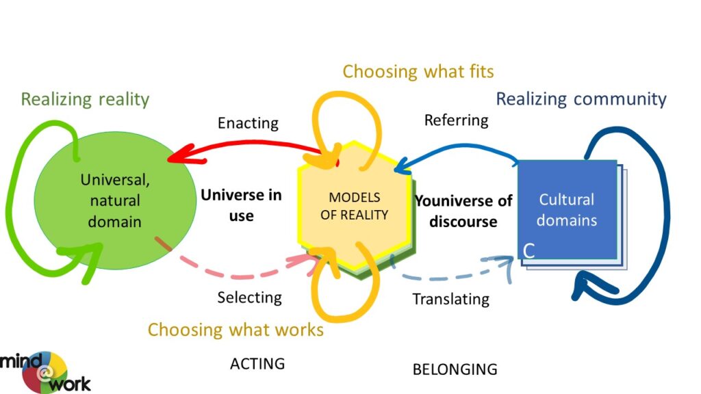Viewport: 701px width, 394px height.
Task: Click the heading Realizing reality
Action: point(85,99)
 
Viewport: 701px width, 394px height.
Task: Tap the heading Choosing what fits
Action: point(418,71)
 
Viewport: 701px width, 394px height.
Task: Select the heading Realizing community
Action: point(581,98)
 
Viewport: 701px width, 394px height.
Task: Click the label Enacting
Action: point(248,123)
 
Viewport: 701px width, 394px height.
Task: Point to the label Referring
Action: point(456,120)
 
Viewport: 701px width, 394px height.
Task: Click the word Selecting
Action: point(249,298)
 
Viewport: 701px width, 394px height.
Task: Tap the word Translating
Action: point(450,299)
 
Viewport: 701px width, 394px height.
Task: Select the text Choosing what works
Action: point(235,330)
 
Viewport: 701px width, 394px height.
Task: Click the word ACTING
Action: point(257,364)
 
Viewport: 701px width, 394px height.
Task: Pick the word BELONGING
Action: point(455,369)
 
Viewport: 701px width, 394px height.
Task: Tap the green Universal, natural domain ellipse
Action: point(115,200)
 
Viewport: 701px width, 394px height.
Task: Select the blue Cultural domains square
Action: point(568,209)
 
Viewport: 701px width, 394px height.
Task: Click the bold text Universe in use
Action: point(242,205)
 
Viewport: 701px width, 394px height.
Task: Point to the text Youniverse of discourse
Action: point(463,211)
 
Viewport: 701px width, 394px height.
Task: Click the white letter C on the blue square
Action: point(529,250)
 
